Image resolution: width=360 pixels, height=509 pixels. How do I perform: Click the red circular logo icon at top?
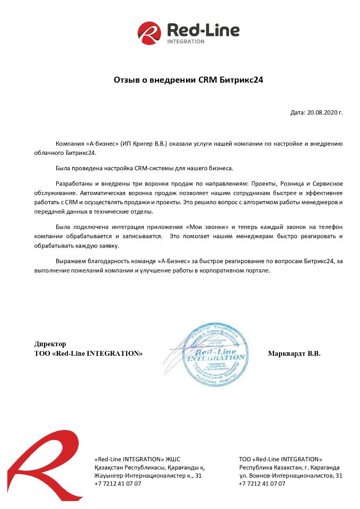click(x=149, y=33)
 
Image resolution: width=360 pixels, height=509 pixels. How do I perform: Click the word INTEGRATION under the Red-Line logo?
click(x=186, y=41)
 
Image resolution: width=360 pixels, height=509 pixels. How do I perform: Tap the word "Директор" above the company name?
click(x=50, y=344)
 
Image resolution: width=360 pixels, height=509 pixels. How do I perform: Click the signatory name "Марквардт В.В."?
click(x=294, y=353)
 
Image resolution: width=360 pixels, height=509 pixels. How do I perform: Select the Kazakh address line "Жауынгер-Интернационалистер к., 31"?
click(x=148, y=476)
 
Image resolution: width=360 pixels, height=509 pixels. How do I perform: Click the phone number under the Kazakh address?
click(x=118, y=484)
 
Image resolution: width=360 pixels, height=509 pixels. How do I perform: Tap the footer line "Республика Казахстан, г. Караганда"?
click(x=289, y=467)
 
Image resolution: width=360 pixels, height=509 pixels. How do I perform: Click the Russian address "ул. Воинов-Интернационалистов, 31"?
click(x=291, y=476)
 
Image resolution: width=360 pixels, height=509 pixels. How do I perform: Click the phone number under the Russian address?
click(x=262, y=484)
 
